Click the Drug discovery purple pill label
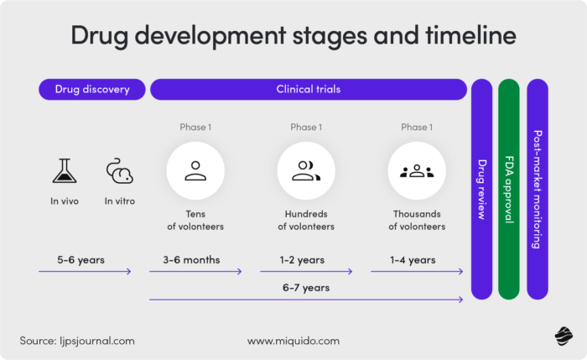[x=92, y=89]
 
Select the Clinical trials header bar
[x=309, y=89]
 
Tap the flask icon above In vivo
[x=64, y=171]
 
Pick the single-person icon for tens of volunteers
[x=195, y=170]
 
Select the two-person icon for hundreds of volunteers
[x=304, y=170]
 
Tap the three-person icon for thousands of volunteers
[x=416, y=170]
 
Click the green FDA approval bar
[x=509, y=189]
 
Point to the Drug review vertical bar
[x=481, y=189]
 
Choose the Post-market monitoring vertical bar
[x=537, y=189]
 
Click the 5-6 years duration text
[x=81, y=259]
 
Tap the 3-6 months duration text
[x=191, y=259]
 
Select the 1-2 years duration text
[x=304, y=259]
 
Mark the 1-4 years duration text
[x=413, y=259]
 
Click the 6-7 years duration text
[x=306, y=287]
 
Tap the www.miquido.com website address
[x=293, y=341]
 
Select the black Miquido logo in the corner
[x=563, y=337]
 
